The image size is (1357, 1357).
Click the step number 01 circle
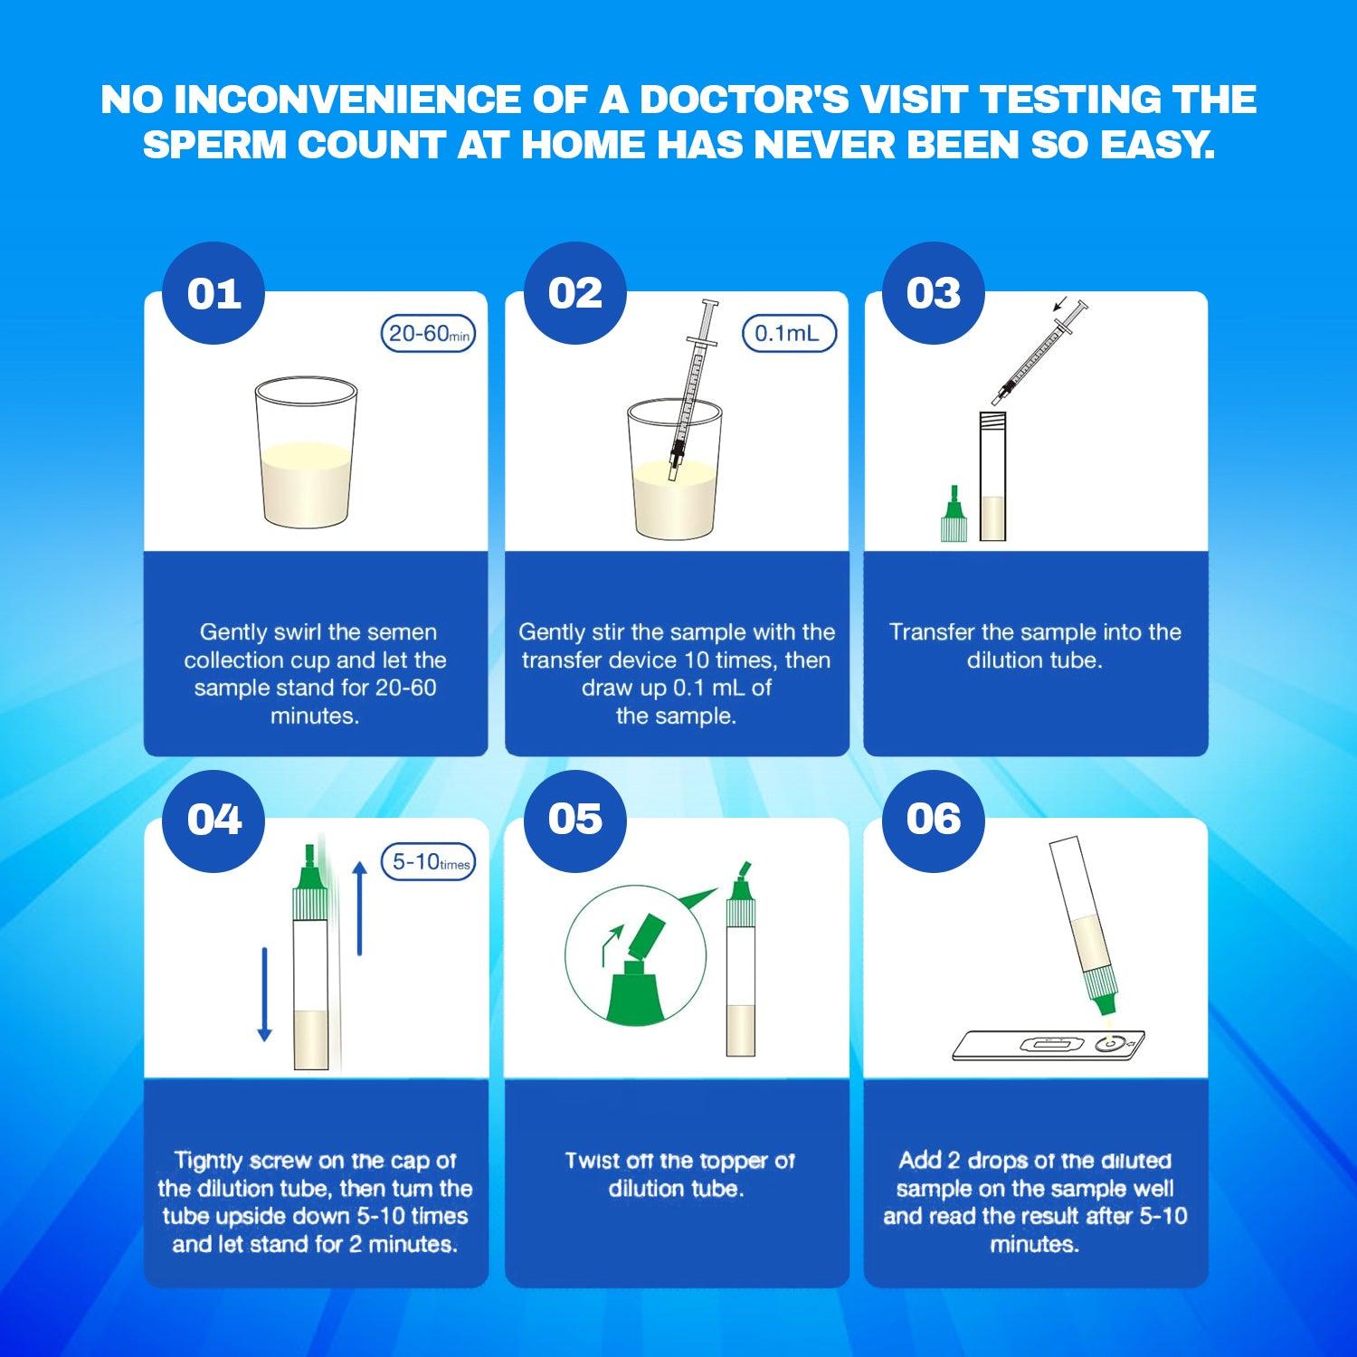pos(214,293)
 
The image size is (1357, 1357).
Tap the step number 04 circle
pos(214,820)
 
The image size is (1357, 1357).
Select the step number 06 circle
pos(934,820)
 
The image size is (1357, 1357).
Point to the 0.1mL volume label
pos(789,334)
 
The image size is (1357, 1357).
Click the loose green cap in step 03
pos(954,516)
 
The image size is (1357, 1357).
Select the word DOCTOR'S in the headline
pos(744,100)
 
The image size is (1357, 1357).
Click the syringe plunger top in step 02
pos(708,305)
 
